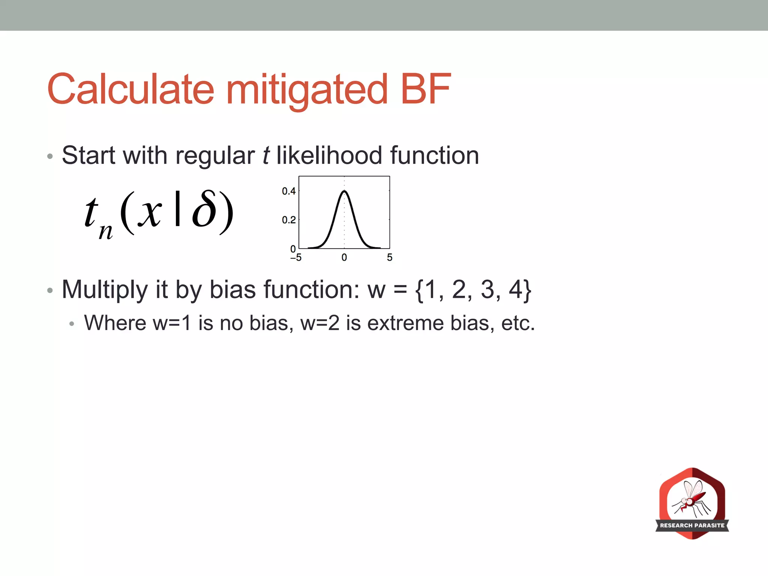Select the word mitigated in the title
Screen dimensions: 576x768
click(307, 90)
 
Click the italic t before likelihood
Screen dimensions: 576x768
click(266, 155)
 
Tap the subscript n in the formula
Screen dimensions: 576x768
click(105, 231)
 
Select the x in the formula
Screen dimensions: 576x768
click(150, 212)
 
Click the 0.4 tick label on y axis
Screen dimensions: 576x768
click(289, 191)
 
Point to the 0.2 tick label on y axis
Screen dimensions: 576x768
click(289, 220)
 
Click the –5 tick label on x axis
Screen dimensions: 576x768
click(296, 258)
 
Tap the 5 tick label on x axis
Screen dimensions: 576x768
click(390, 258)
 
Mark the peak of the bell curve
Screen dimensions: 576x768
click(344, 192)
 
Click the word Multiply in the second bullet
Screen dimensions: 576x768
click(105, 290)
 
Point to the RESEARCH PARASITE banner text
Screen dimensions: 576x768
click(692, 525)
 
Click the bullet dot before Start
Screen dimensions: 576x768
click(50, 156)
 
